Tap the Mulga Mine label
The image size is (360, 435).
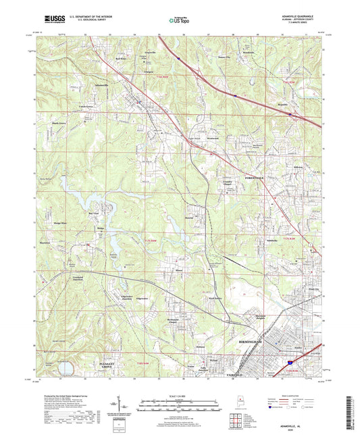56,221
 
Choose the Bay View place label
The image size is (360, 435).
84,215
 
